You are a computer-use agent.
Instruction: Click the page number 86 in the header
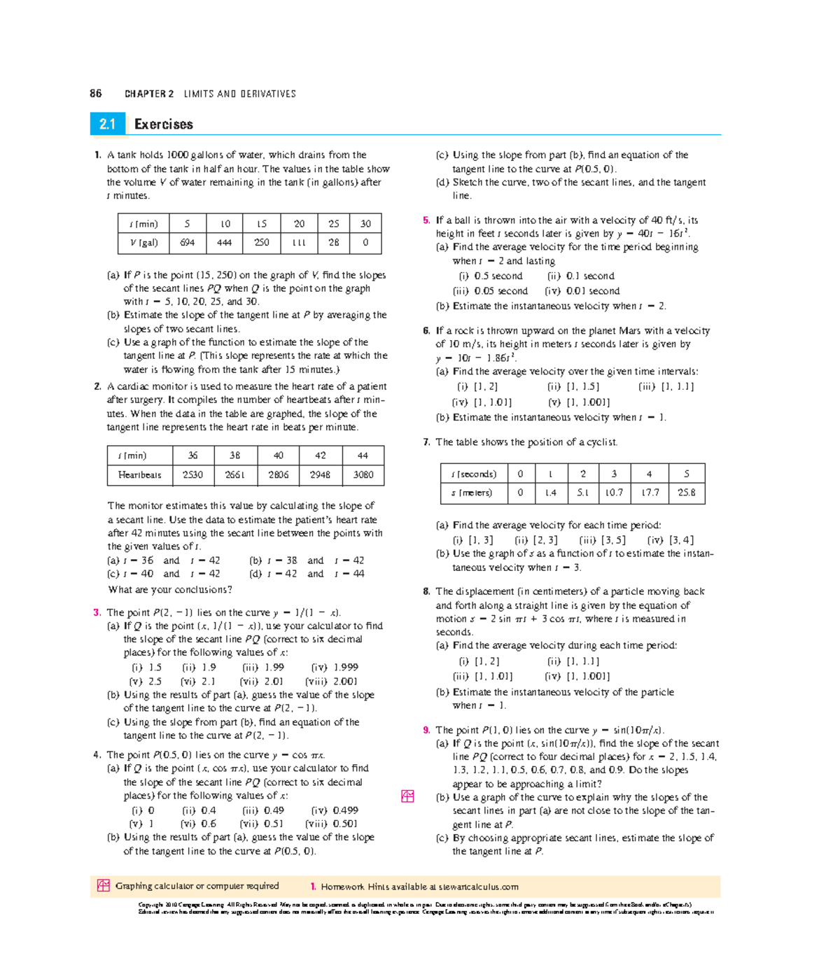coord(96,93)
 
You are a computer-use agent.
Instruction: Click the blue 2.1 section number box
coord(107,124)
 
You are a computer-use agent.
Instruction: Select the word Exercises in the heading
coord(163,124)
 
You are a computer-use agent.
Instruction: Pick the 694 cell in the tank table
coord(187,243)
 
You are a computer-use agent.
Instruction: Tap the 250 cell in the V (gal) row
coord(261,243)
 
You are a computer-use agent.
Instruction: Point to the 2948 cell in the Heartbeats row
coord(320,474)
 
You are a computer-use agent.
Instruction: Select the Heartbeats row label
coord(139,474)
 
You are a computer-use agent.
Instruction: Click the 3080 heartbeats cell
coord(363,474)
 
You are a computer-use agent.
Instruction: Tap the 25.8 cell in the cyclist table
coord(686,493)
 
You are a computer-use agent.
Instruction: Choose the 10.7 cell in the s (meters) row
coord(614,493)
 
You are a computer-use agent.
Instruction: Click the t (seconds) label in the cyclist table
coord(473,474)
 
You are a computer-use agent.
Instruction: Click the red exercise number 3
coord(97,612)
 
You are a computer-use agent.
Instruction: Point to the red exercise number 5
coord(426,220)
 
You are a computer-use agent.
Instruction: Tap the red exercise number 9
coord(426,730)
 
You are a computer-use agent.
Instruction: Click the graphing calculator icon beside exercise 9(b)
coord(407,796)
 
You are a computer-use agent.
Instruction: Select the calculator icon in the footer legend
coord(103,886)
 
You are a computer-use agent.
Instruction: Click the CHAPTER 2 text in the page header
coord(149,94)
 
